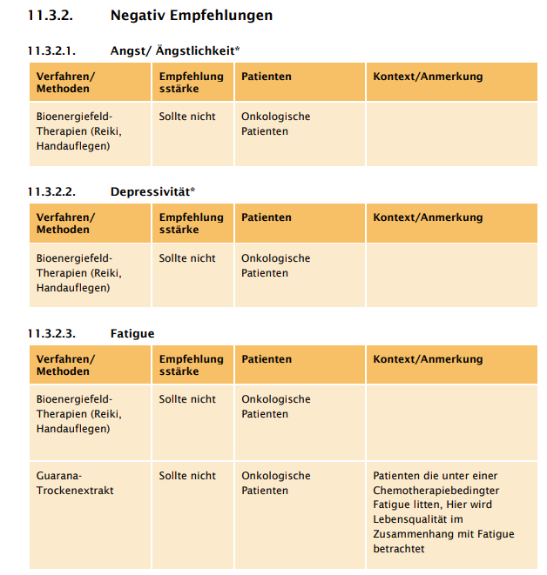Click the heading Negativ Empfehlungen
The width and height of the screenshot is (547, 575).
(x=191, y=16)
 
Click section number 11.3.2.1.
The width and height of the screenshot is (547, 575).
(x=51, y=50)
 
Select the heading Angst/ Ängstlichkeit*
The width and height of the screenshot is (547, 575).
(x=175, y=50)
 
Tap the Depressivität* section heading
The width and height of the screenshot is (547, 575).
(x=152, y=191)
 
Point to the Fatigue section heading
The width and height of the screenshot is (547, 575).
(x=132, y=333)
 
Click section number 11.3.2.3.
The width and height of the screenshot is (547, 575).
(x=51, y=333)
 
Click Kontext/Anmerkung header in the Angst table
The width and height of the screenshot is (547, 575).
(x=428, y=77)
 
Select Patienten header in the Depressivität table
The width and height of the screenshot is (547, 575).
(x=267, y=217)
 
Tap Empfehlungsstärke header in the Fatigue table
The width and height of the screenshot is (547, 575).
(x=191, y=365)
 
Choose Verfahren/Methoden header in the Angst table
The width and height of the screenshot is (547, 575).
(x=65, y=83)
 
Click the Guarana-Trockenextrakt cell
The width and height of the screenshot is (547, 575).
(x=75, y=484)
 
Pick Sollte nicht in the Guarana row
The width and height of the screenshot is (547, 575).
(x=187, y=476)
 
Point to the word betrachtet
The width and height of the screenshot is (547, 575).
(x=399, y=549)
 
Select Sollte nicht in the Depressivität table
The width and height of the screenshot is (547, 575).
(x=187, y=258)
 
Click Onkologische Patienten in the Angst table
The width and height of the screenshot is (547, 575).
(x=275, y=124)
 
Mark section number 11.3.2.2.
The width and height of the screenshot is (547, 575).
(x=51, y=191)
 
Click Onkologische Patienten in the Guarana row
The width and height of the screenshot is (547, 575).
(x=275, y=484)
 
